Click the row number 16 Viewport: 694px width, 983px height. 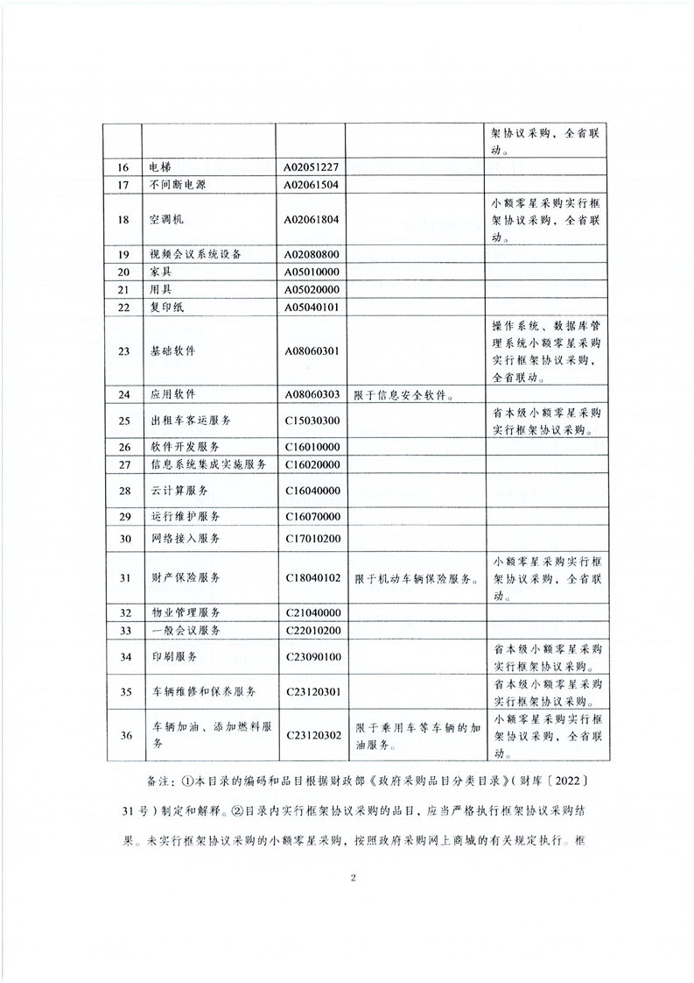(x=123, y=167)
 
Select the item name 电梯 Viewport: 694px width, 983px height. (x=162, y=167)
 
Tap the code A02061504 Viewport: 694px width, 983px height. (x=311, y=184)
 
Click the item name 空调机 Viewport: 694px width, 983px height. (x=167, y=219)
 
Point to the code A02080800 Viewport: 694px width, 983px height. (x=311, y=254)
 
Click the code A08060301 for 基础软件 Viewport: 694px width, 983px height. (x=311, y=350)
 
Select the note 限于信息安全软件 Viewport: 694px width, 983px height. (x=403, y=394)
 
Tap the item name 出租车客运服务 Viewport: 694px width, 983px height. (x=190, y=421)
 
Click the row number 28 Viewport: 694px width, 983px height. (x=123, y=490)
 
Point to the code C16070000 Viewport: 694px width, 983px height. (x=311, y=516)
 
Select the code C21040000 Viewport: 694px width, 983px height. (x=311, y=612)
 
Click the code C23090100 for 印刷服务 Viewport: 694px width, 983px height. (x=311, y=656)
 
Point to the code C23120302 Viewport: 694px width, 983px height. (x=311, y=735)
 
